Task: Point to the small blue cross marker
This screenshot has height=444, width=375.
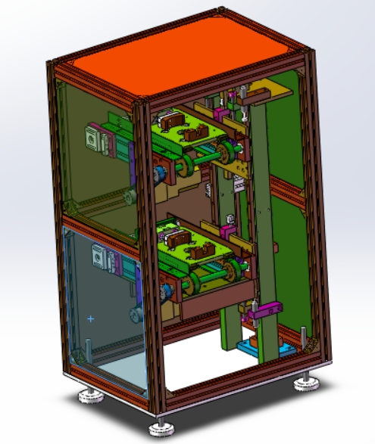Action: click(x=92, y=320)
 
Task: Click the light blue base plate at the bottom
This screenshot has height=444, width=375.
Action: click(x=258, y=350)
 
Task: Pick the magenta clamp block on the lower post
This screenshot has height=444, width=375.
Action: click(x=263, y=309)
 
